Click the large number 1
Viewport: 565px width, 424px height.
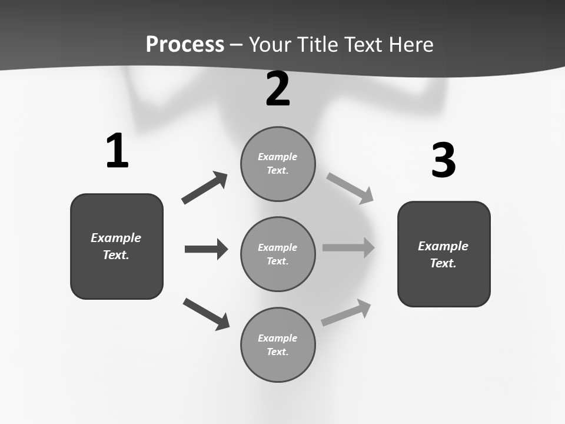click(117, 151)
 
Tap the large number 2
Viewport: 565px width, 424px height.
click(278, 89)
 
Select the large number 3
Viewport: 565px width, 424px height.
click(443, 160)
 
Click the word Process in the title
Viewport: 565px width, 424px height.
click(185, 44)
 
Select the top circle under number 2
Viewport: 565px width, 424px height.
click(278, 164)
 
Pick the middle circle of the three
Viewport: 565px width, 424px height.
click(278, 254)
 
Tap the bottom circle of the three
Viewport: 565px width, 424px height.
click(278, 344)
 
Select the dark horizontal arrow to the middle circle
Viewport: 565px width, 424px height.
click(206, 249)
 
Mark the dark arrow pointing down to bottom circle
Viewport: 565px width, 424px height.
click(207, 314)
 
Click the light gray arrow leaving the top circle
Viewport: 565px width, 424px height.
click(350, 188)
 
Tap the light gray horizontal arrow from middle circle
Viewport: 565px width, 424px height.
click(348, 247)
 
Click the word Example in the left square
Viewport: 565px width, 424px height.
click(116, 238)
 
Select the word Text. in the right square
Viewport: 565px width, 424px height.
click(443, 263)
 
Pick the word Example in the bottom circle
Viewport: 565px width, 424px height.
click(277, 338)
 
